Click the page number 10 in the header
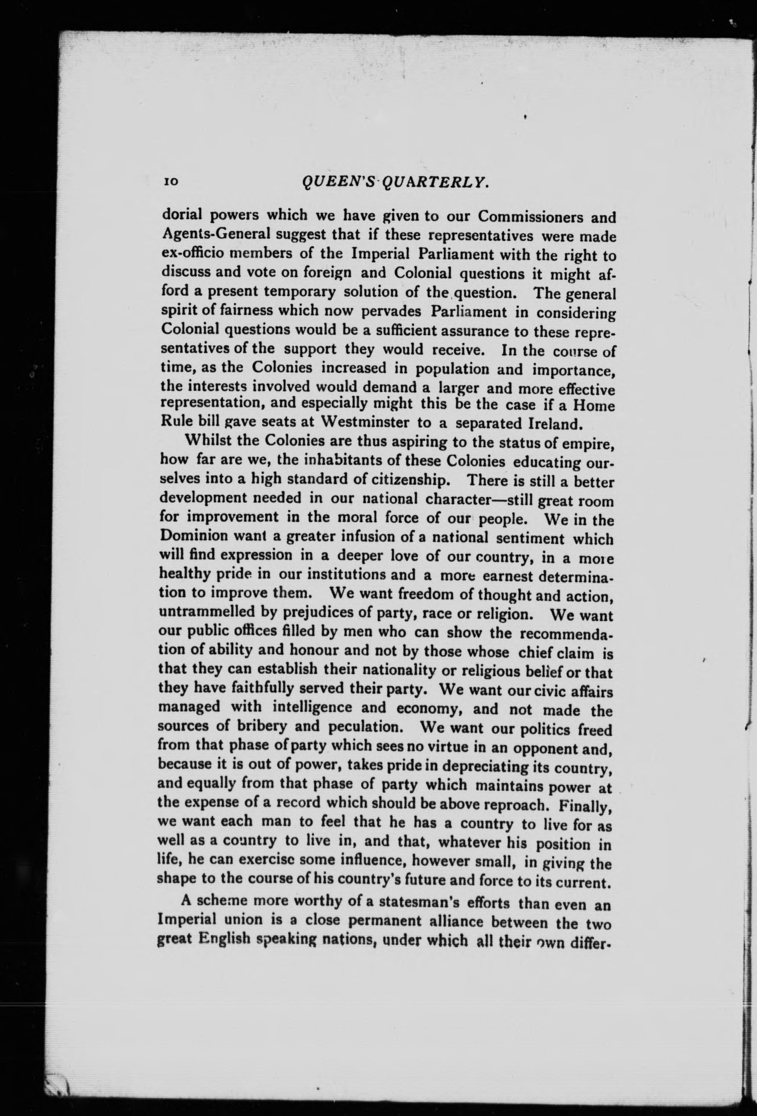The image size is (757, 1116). pyautogui.click(x=171, y=182)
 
